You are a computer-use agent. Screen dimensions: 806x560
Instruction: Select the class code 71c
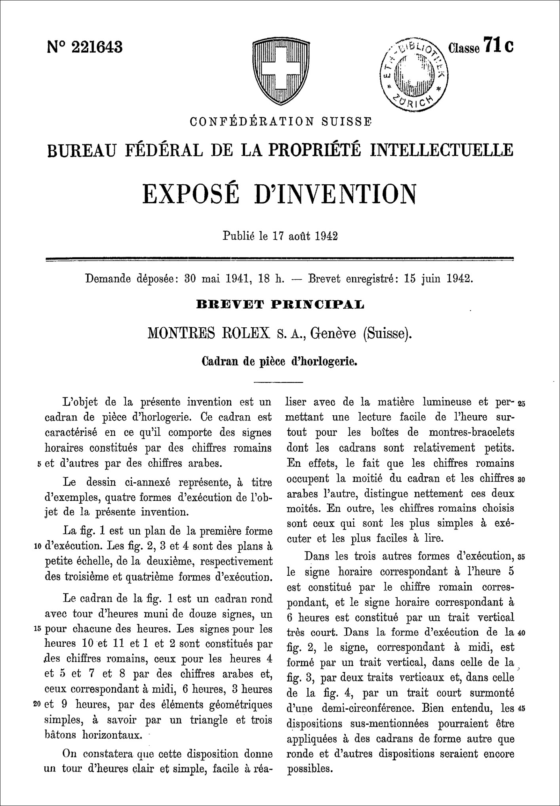pyautogui.click(x=480, y=47)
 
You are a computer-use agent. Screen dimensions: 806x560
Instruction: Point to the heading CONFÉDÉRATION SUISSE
pyautogui.click(x=281, y=121)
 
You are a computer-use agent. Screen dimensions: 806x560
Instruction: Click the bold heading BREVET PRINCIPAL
pyautogui.click(x=280, y=304)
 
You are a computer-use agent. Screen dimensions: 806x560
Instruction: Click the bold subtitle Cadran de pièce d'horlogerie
pyautogui.click(x=280, y=361)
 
